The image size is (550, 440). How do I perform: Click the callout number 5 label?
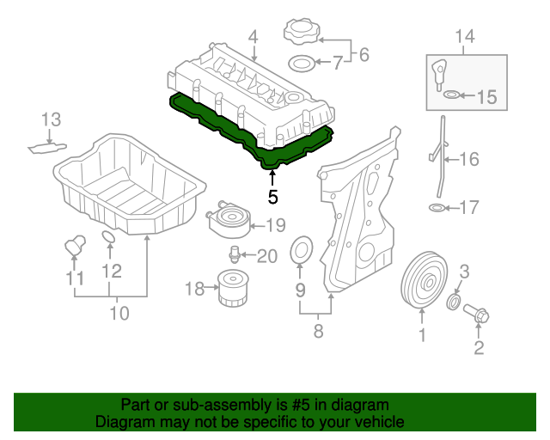(x=272, y=196)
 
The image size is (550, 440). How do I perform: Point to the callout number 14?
(x=464, y=36)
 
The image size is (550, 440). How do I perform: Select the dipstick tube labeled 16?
(x=438, y=159)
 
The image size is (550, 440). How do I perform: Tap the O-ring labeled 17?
(x=437, y=208)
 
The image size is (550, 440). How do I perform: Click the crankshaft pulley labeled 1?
(x=421, y=280)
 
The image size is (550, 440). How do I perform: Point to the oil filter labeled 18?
(x=230, y=290)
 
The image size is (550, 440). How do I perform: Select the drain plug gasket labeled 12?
(x=109, y=238)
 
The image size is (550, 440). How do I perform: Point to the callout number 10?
(x=119, y=313)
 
